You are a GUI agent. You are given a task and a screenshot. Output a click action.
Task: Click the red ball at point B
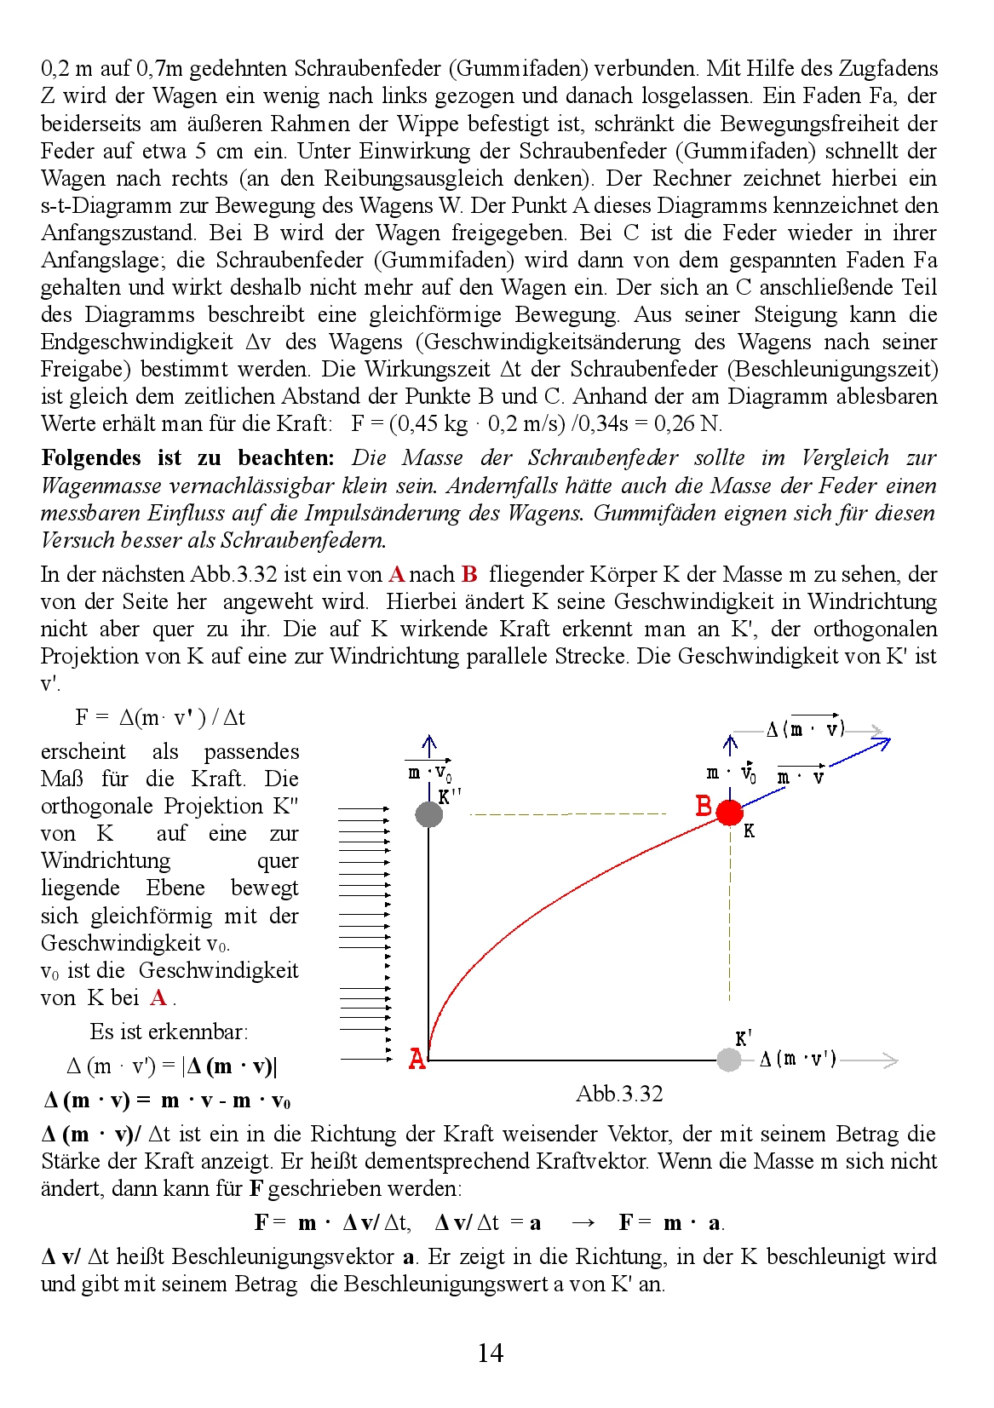click(x=729, y=812)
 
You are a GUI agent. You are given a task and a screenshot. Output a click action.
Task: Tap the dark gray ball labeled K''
click(x=428, y=813)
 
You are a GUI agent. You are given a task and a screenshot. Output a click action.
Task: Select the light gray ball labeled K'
click(x=729, y=1060)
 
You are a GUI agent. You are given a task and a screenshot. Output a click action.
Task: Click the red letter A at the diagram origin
click(x=417, y=1059)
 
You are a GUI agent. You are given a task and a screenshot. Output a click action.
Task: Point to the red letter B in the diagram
click(x=704, y=806)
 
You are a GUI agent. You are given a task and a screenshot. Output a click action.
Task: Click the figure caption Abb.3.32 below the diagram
click(x=619, y=1094)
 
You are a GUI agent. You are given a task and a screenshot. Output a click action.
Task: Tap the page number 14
click(x=490, y=1353)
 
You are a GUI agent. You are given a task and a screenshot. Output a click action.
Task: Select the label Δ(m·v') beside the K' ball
click(x=797, y=1059)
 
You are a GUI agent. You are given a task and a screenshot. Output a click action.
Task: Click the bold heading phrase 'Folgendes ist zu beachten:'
click(x=187, y=458)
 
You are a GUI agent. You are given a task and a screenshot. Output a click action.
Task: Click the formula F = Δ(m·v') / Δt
click(x=160, y=717)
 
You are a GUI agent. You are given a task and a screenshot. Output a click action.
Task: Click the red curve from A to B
click(x=545, y=903)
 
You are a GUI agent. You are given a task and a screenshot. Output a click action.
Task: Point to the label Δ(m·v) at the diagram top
click(x=805, y=729)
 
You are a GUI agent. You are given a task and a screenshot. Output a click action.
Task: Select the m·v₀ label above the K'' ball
click(x=429, y=773)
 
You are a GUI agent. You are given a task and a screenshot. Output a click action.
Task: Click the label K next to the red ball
click(x=749, y=830)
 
